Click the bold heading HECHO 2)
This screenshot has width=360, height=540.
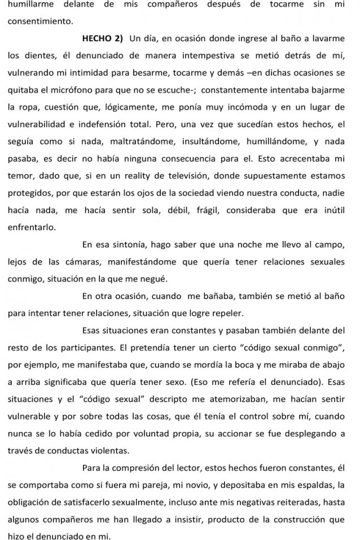click(103, 39)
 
